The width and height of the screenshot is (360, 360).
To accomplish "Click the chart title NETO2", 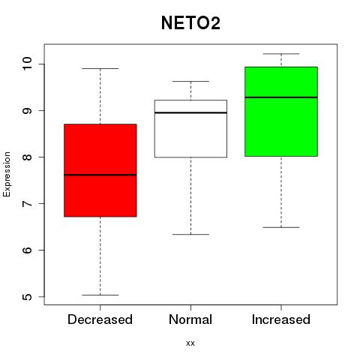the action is [190, 23].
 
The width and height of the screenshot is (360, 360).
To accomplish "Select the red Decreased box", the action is [100, 170].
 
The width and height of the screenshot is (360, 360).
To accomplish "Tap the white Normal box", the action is [190, 129].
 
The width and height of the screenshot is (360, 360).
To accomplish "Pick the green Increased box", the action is [281, 112].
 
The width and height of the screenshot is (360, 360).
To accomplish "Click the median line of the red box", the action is [100, 175].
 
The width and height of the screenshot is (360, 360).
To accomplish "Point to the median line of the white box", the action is [190, 112].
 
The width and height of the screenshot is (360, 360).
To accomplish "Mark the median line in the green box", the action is [281, 97].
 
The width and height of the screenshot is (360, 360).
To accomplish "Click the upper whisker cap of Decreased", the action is [100, 68].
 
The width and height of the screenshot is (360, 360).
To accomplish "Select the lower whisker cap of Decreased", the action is [100, 295].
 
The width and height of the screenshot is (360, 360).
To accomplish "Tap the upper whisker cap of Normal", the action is [190, 81].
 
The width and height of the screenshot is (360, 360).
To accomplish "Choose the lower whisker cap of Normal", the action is [190, 235].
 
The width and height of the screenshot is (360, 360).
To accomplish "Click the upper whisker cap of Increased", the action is [281, 54].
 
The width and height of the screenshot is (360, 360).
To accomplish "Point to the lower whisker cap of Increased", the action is [281, 227].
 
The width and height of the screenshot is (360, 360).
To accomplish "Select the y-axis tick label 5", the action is [27, 297].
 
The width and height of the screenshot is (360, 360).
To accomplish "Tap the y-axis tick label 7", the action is [27, 203].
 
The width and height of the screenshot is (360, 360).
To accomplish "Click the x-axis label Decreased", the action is [100, 319].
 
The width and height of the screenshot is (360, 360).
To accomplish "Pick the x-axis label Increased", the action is [281, 319].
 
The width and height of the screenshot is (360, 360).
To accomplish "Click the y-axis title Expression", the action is [7, 174].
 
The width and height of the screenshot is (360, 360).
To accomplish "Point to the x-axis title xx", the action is [190, 343].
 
